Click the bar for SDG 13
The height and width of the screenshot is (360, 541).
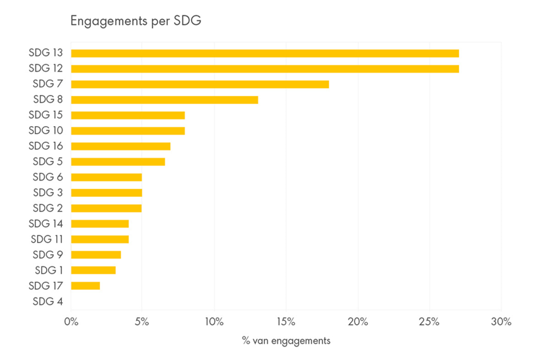tap(264, 53)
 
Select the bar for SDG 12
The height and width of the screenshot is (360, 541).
tap(264, 69)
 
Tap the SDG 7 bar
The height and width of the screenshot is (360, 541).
tap(200, 85)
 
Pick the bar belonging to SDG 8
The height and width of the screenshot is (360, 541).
tap(164, 100)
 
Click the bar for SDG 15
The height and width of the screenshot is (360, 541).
tap(128, 115)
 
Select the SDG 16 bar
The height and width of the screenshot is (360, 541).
tap(120, 146)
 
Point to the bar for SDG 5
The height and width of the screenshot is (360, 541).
tap(118, 161)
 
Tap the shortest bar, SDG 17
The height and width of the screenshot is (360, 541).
tap(85, 285)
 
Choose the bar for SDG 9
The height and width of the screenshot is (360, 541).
tap(96, 255)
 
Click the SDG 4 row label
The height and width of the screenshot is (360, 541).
tap(48, 301)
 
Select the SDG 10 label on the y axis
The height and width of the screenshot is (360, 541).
tap(46, 130)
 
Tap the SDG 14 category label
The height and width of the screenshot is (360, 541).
tap(46, 223)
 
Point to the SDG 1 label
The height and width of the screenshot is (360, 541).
tap(49, 270)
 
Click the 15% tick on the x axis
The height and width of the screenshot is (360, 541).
tap(286, 322)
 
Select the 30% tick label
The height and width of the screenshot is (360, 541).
tap(500, 322)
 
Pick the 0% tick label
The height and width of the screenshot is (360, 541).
tap(71, 322)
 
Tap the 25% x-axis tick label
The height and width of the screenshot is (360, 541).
tap(429, 322)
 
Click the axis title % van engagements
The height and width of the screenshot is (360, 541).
tap(286, 341)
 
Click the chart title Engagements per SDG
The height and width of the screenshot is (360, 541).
tap(135, 21)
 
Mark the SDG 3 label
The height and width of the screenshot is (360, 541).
tap(48, 192)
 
